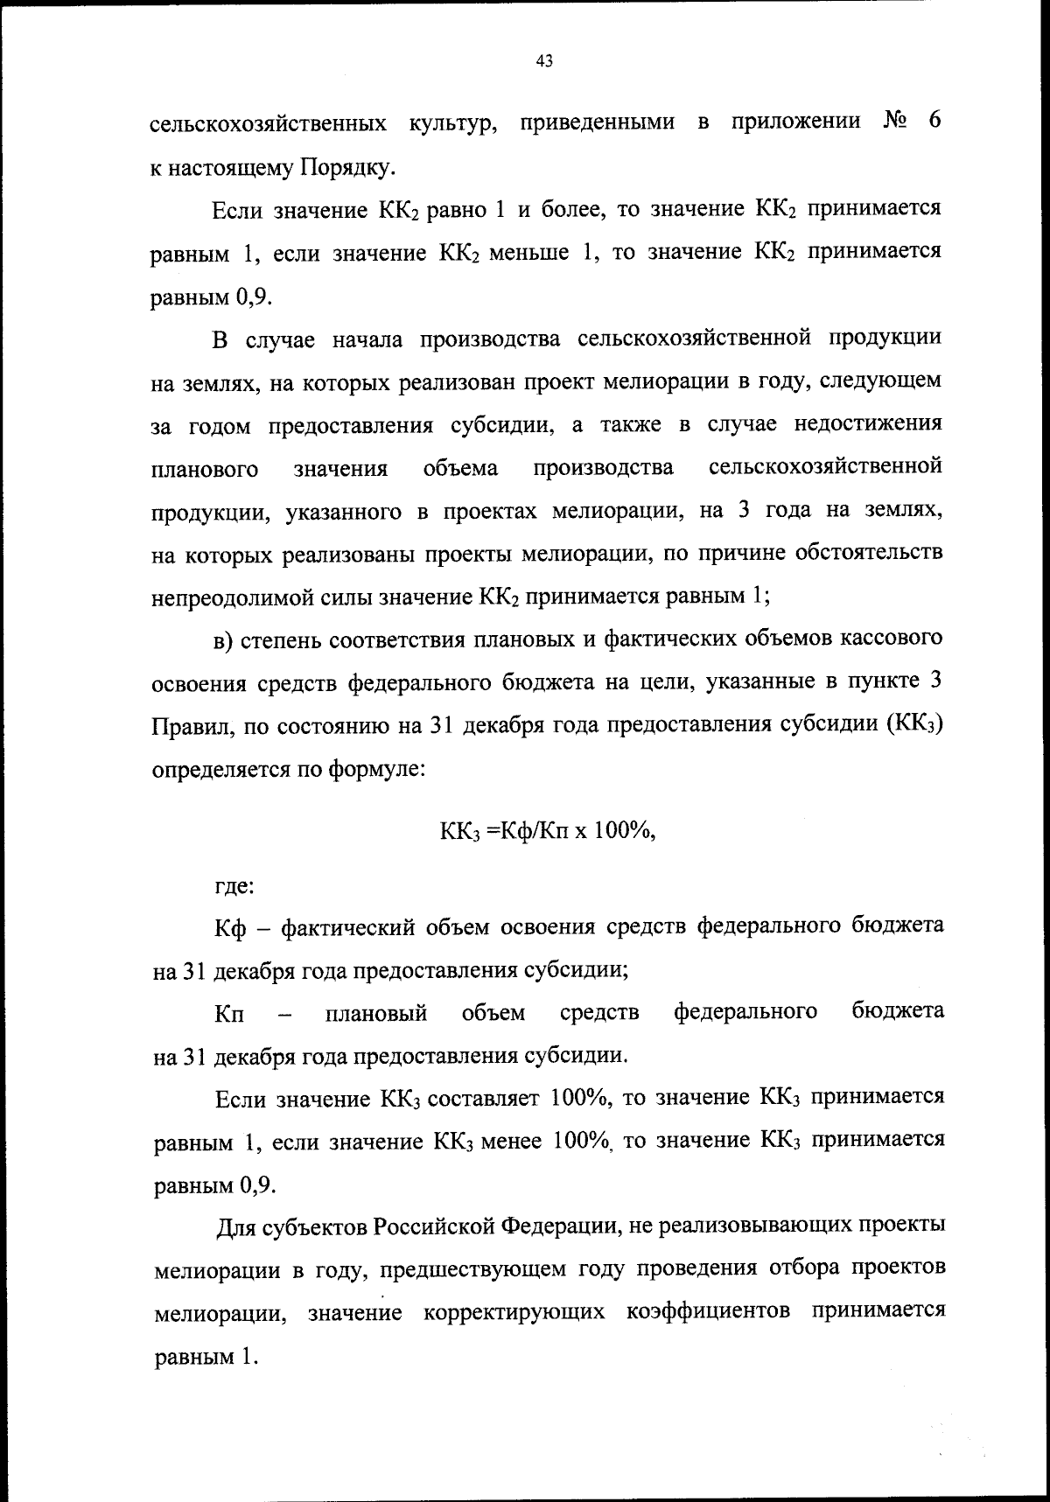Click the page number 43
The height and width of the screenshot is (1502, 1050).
pyautogui.click(x=542, y=60)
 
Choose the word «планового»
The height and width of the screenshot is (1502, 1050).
pyautogui.click(x=205, y=469)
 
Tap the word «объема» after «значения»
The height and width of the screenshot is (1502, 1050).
pyautogui.click(x=460, y=468)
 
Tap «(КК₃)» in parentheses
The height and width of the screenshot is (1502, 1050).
pyautogui.click(x=913, y=726)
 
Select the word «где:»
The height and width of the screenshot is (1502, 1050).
pyautogui.click(x=234, y=885)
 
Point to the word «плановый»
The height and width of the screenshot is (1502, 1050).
pyautogui.click(x=376, y=1013)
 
